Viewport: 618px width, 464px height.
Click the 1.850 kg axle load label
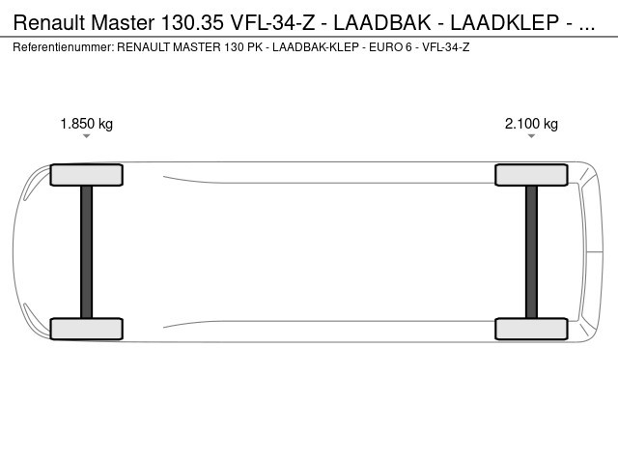[x=86, y=124]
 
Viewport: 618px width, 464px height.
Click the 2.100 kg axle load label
[x=531, y=124]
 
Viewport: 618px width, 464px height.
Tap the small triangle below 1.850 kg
[x=86, y=136]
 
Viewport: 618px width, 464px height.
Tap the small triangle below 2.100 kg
[x=531, y=136]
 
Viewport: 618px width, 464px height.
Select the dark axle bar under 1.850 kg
[x=86, y=251]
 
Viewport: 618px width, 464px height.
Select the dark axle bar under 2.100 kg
[x=531, y=251]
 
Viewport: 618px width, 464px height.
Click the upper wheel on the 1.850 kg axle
[x=86, y=175]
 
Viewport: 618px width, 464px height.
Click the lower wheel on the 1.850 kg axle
[x=86, y=329]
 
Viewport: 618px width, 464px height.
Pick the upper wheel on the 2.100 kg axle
[x=531, y=175]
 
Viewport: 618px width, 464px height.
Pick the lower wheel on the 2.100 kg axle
[x=531, y=329]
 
